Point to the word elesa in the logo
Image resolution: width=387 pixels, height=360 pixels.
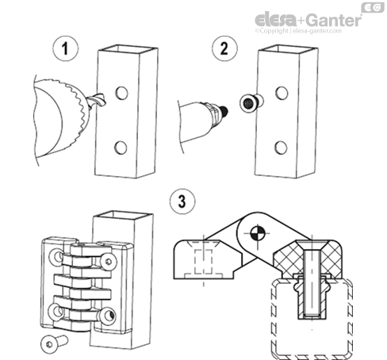274,18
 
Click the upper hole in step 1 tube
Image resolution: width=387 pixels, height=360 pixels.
121,94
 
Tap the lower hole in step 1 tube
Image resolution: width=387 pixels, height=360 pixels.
121,147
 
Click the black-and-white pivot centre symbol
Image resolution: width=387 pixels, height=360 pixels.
256,234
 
